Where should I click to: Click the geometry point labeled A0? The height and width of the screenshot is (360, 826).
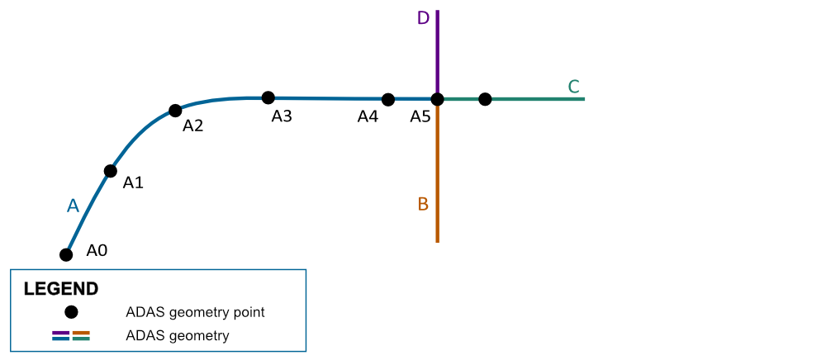tap(66, 255)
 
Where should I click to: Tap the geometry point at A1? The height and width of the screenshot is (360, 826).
tap(110, 171)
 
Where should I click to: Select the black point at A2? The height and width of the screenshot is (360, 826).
tap(175, 111)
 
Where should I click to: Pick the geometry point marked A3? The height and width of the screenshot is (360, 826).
tap(268, 97)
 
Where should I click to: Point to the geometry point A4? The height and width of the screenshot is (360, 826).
tap(387, 99)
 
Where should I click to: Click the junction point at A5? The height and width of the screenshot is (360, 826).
tap(437, 99)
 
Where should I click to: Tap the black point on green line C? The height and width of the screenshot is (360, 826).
tap(485, 99)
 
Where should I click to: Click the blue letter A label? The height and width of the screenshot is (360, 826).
tap(73, 206)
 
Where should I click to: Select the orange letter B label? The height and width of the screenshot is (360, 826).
tap(423, 204)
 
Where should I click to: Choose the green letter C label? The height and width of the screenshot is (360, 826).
tap(574, 87)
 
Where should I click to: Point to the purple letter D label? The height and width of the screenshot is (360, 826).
tap(423, 18)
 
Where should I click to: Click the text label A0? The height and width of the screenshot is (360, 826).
tap(97, 250)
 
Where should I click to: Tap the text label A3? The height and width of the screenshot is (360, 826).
tap(282, 116)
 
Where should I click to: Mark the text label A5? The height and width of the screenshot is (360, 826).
tap(420, 116)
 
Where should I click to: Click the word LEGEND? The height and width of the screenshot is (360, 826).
tap(60, 289)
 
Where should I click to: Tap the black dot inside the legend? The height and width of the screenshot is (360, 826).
tap(71, 312)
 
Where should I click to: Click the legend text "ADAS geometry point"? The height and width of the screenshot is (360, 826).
tap(195, 312)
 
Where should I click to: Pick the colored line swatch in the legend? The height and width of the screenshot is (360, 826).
tap(71, 336)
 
